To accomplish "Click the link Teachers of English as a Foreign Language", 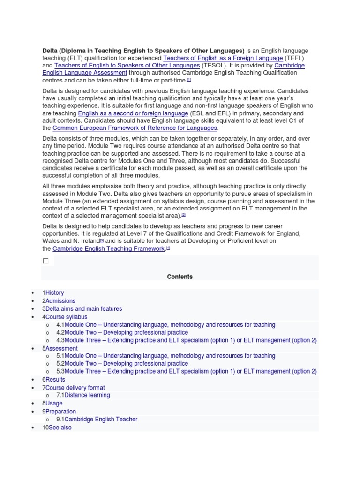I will (223, 58).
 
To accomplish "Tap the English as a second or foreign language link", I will (133, 113).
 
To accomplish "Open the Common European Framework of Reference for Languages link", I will (135, 128).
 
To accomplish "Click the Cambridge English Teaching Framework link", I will (109, 249).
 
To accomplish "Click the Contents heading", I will (180, 277).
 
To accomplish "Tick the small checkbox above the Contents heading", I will (45, 261).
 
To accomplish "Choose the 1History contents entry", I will (53, 293).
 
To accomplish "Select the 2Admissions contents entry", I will (59, 301).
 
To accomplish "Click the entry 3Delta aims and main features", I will (82, 309).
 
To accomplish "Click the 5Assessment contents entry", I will (60, 349).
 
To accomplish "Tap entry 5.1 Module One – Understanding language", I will (165, 356).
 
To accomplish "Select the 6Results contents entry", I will (54, 380).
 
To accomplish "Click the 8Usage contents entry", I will (52, 403).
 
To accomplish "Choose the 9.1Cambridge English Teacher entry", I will (97, 419).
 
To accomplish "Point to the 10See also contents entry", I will (57, 427).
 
